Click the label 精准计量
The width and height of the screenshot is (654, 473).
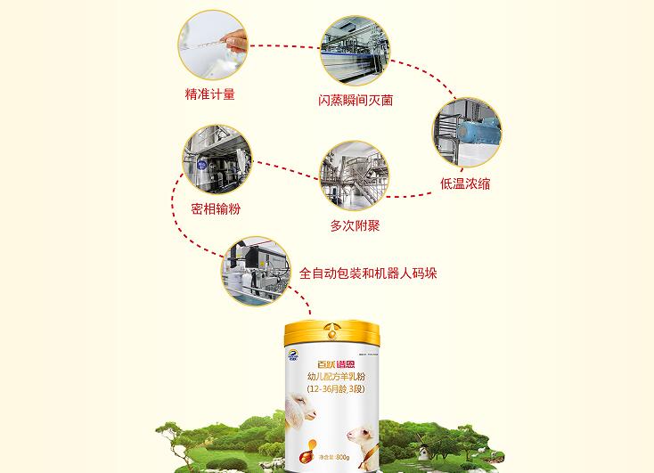point(210,94)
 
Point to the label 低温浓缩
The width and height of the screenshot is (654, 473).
point(465,184)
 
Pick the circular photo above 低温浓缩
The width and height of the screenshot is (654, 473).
point(466,132)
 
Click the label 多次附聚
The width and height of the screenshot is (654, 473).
point(355,226)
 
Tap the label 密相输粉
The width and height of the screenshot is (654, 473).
point(216,209)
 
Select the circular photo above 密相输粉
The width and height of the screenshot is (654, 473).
point(217,159)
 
